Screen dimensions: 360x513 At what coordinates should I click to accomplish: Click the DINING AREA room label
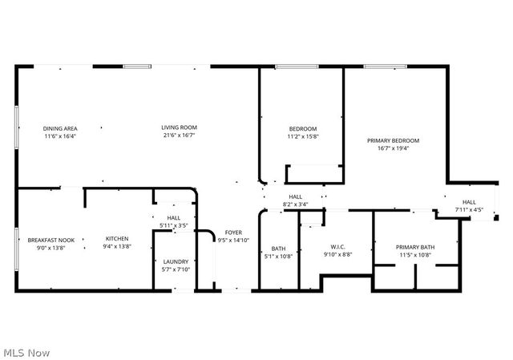[x=60, y=128]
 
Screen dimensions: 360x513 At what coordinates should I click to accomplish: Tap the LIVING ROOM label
[x=179, y=127]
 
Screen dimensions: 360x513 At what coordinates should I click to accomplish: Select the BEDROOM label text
[x=303, y=129]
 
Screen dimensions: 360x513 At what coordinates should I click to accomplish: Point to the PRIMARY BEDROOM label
[x=393, y=140]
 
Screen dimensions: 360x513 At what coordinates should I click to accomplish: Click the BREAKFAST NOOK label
[x=51, y=240]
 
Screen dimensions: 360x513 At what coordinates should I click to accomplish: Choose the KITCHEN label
[x=117, y=239]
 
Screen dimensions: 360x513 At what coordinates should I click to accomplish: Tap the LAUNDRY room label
[x=176, y=261]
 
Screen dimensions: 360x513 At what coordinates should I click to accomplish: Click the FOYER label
[x=233, y=232]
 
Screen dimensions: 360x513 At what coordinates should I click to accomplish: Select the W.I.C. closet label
[x=337, y=246]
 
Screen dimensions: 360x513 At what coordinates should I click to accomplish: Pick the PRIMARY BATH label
[x=414, y=247]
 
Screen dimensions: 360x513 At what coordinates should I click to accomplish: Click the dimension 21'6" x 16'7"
[x=179, y=136]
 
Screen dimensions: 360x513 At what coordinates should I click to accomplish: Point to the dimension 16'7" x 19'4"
[x=393, y=148]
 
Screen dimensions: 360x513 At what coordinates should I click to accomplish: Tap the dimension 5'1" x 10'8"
[x=278, y=256]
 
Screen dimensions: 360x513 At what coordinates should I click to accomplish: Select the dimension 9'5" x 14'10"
[x=233, y=240]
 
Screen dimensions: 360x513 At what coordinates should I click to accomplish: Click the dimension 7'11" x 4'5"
[x=469, y=210]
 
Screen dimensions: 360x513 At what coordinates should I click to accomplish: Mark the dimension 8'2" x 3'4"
[x=295, y=204]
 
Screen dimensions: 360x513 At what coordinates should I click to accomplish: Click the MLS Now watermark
[x=26, y=352]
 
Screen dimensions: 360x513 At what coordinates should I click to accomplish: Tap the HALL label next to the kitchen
[x=174, y=218]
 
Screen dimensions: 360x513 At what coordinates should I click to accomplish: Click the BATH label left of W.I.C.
[x=278, y=248]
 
